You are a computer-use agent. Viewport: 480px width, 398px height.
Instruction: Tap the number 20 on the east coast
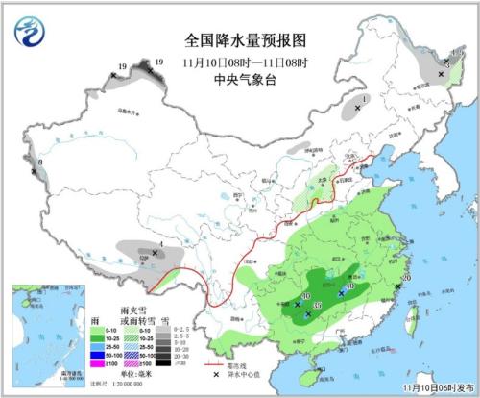click(x=406, y=278)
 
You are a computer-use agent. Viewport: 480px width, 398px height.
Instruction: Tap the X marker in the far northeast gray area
click(x=442, y=74)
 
